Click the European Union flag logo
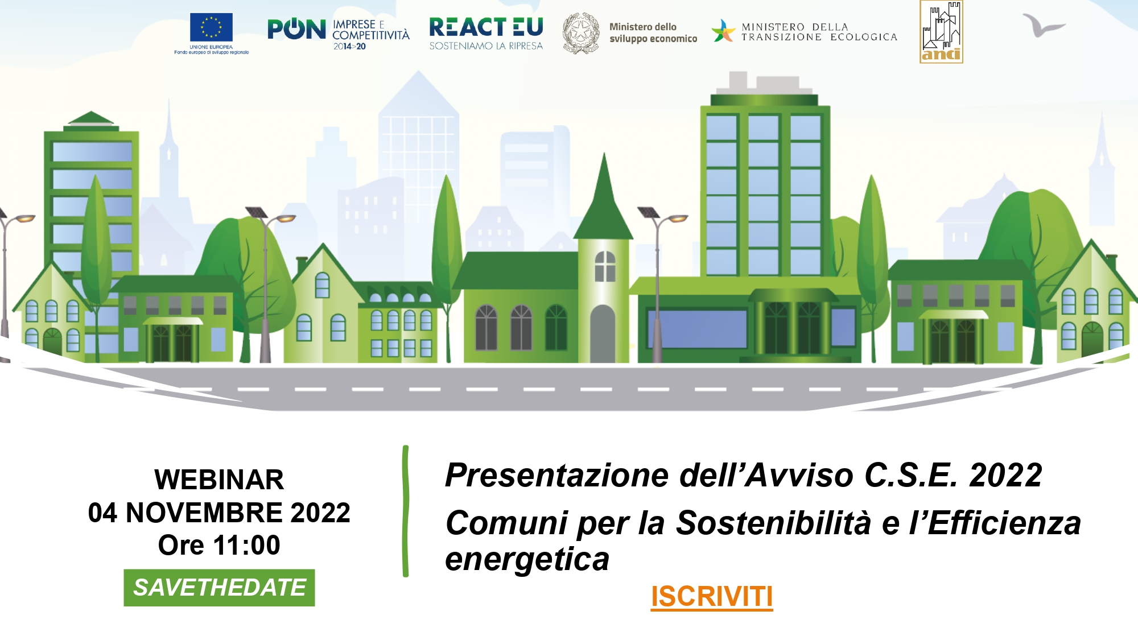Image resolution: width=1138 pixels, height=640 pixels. coord(211,27)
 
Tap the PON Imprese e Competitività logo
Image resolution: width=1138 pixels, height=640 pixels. coord(339,34)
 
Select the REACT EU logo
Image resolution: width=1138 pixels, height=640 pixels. coord(486,34)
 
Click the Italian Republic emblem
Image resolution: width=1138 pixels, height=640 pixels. coord(581,33)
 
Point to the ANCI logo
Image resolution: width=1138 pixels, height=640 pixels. coord(941,31)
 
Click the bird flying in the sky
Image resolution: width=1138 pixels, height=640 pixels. coord(1044,25)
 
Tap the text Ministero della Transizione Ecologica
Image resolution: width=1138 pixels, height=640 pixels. coord(819,32)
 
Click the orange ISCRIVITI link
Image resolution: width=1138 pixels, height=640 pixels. coord(712,597)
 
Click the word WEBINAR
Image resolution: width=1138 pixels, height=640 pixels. coord(219,480)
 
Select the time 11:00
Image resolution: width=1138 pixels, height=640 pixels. coord(247,545)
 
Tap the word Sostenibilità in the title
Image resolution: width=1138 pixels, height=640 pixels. coord(773,523)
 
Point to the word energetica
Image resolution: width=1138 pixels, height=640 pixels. coord(527,560)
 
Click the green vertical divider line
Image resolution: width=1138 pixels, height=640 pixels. coord(406,511)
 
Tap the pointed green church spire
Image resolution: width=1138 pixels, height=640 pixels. coord(604,196)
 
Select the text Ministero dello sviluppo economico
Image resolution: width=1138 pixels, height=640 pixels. coord(653,33)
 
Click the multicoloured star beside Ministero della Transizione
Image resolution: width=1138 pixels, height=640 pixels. coord(723,31)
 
